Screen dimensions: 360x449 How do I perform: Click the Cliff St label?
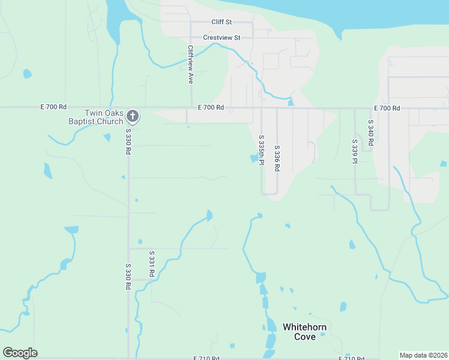221,22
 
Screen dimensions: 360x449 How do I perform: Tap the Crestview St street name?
221,37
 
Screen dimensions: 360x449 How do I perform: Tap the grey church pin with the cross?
133,116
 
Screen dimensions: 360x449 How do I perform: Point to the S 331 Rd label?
152,263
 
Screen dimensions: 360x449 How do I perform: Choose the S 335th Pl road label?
262,151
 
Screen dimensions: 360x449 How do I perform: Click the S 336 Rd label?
277,159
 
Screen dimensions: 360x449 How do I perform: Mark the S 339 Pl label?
355,151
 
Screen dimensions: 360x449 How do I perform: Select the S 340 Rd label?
371,133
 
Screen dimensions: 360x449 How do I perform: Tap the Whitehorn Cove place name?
304,332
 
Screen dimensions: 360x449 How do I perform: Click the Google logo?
20,353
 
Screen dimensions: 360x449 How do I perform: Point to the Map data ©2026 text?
423,355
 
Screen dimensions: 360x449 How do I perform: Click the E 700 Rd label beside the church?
53,107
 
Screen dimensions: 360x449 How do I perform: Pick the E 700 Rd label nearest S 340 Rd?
386,108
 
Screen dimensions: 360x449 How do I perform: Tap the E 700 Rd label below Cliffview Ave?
211,108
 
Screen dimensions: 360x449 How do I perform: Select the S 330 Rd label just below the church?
128,142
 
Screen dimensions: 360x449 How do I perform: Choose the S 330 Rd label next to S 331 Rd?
128,277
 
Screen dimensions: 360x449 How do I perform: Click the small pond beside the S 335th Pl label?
253,158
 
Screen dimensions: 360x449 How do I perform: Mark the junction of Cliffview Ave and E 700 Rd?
191,108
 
